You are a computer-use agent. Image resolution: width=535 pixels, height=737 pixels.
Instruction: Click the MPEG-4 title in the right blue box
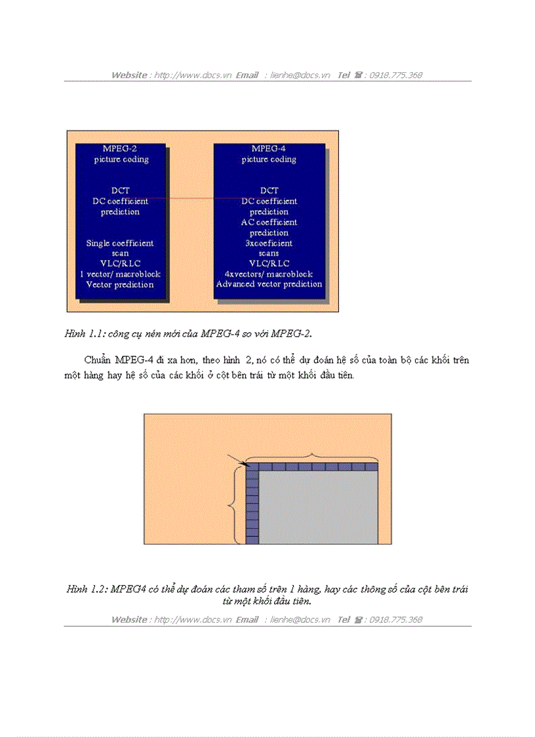269,149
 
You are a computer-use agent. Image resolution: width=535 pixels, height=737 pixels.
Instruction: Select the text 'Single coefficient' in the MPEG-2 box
120,243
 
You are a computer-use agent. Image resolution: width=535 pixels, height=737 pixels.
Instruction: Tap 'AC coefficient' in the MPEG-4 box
269,222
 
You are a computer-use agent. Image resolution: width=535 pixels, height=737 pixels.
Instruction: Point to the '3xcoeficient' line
269,243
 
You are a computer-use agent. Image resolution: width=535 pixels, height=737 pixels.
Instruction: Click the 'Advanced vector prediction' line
269,285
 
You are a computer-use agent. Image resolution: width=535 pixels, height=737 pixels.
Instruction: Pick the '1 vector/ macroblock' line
120,274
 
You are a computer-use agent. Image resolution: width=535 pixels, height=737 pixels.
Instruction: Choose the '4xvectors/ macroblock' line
269,274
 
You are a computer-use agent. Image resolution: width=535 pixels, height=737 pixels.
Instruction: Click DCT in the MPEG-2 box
120,191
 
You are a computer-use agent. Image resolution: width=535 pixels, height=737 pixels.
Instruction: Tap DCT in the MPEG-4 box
269,191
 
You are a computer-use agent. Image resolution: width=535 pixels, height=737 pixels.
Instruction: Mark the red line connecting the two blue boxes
190,198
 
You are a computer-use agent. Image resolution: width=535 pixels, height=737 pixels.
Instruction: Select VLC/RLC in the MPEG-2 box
120,264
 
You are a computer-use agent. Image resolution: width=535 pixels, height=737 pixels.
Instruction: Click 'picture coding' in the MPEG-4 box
269,159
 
